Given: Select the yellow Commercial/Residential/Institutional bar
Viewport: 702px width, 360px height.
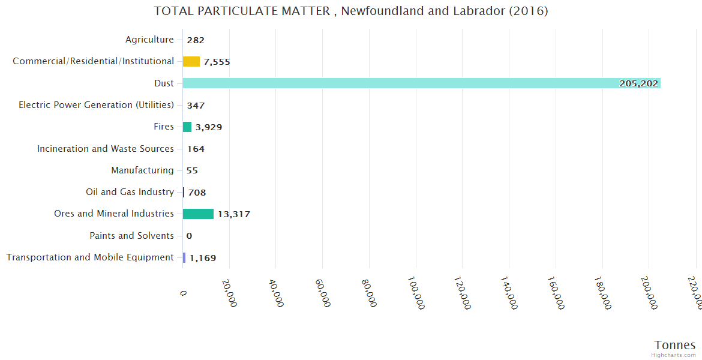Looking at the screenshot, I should (191, 61).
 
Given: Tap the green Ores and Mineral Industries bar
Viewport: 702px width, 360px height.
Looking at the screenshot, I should (198, 214).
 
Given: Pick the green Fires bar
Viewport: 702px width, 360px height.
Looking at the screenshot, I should (187, 127).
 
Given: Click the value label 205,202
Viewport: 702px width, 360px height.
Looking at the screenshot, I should (638, 83).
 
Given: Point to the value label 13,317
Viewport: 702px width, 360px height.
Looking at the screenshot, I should (234, 214).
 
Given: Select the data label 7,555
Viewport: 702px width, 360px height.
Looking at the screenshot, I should (217, 62).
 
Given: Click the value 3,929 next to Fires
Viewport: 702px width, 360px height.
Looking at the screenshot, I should (209, 127).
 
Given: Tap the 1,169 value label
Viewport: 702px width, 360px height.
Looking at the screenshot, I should (203, 258).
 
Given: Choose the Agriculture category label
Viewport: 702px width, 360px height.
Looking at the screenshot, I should (149, 40).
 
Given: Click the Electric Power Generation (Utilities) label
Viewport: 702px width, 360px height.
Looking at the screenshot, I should (96, 105).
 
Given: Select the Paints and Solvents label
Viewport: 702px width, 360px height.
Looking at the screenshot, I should (131, 236).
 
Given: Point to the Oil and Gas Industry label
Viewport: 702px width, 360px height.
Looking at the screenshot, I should (130, 192).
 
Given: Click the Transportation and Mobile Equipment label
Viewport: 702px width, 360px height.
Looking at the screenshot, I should (90, 257).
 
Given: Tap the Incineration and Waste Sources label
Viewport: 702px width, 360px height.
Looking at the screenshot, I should (106, 149).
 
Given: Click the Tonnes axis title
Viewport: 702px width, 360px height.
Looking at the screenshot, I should (674, 345).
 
